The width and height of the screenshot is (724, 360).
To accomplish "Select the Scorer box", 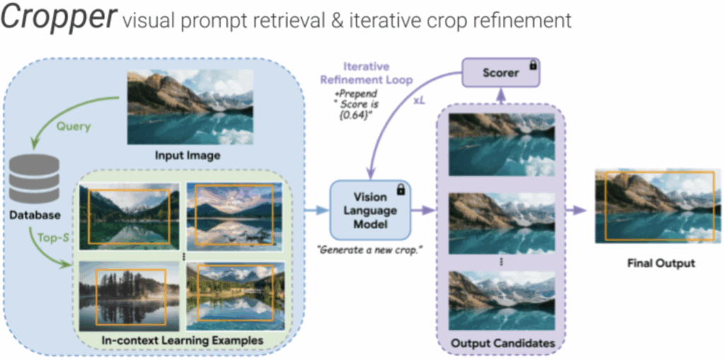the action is pos(501,72).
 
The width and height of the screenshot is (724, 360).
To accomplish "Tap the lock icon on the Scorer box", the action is pos(532,66).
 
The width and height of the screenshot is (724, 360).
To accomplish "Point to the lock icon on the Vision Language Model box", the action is pos(400,189).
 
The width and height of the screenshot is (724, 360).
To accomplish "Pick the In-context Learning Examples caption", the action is pos(182,341).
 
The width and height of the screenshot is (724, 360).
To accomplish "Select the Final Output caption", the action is pos(661,264).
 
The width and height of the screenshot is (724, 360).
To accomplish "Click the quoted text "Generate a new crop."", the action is pos(370,250).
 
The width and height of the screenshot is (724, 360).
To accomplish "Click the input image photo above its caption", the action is pos(190,107).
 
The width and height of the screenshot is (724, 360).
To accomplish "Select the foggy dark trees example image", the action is pos(129,296).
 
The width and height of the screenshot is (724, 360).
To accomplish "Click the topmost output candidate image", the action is pos(502,144).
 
